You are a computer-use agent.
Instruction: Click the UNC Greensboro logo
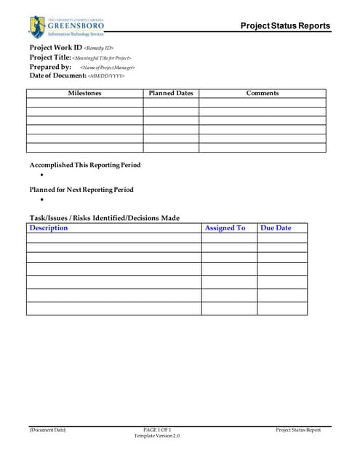(67, 27)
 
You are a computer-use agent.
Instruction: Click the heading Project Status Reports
(285, 26)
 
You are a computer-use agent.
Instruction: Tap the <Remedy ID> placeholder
(99, 49)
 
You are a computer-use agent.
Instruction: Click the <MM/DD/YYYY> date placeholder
(106, 76)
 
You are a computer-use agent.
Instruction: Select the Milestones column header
(84, 93)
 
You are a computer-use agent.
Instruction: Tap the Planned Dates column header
(171, 93)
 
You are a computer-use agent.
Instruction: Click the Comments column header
(262, 93)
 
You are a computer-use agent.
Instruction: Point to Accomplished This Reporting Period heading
(84, 165)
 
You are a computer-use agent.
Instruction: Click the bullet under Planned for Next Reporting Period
(42, 199)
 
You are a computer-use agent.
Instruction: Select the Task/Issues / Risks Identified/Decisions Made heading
(104, 218)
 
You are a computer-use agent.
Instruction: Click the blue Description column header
(49, 228)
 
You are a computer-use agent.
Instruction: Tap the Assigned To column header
(225, 228)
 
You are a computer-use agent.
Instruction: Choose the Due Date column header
(276, 228)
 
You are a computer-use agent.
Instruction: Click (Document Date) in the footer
(47, 430)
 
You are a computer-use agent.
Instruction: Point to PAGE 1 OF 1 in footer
(157, 430)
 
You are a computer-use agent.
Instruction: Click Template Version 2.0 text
(156, 436)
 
